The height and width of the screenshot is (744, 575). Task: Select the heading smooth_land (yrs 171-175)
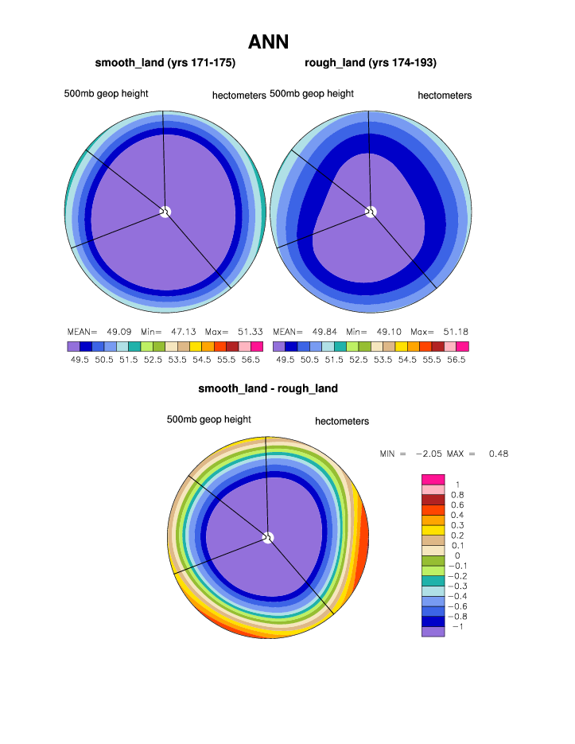[165, 62]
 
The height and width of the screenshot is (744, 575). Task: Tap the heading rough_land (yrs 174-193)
[371, 62]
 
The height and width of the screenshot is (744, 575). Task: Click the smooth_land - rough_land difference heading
[268, 388]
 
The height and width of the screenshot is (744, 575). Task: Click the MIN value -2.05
[428, 454]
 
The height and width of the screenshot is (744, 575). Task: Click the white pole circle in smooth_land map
[165, 211]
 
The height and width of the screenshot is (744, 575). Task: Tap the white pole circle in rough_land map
[371, 211]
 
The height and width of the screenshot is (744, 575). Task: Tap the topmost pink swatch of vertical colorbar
[433, 479]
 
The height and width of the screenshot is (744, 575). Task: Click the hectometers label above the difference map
[342, 421]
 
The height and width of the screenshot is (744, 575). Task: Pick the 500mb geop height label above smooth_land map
[106, 93]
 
